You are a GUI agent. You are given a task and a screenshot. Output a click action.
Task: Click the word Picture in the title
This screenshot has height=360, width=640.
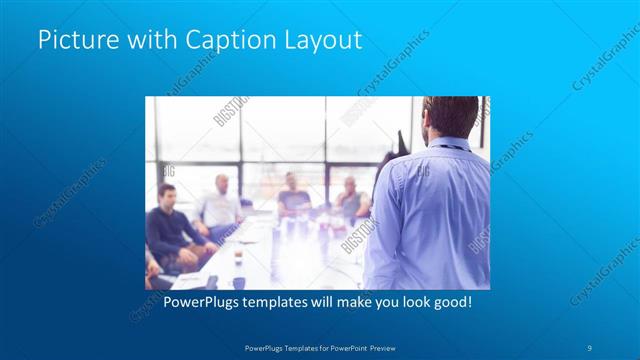pos(73,41)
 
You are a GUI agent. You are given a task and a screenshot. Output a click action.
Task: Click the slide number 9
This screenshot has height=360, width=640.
pos(589,346)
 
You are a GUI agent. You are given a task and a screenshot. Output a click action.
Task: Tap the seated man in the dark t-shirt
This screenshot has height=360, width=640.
pos(292,195)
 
